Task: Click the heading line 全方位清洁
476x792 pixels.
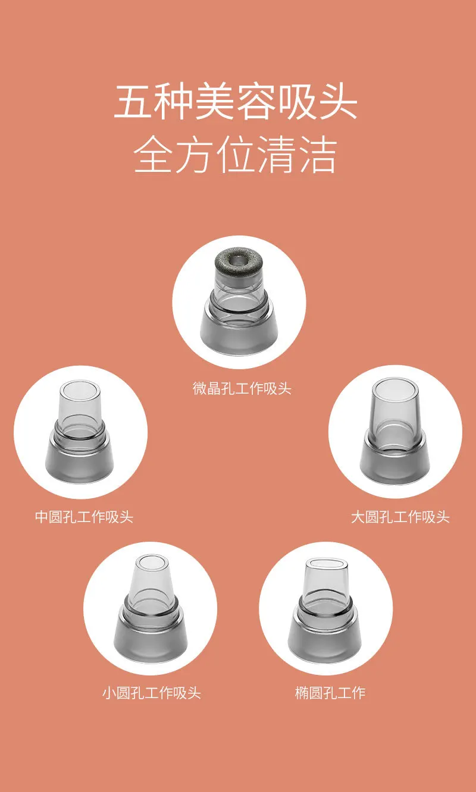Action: pyautogui.click(x=236, y=155)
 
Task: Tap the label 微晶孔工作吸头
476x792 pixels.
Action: pyautogui.click(x=242, y=389)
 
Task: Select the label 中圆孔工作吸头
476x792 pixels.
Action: pyautogui.click(x=84, y=517)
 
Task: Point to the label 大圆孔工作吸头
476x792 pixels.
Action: pyautogui.click(x=400, y=517)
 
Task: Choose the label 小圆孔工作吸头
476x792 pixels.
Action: pyautogui.click(x=151, y=693)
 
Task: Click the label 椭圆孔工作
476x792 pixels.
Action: pyautogui.click(x=330, y=693)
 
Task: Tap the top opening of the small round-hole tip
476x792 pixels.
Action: pyautogui.click(x=152, y=564)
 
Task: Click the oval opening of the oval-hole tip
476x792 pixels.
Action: pyautogui.click(x=326, y=564)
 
